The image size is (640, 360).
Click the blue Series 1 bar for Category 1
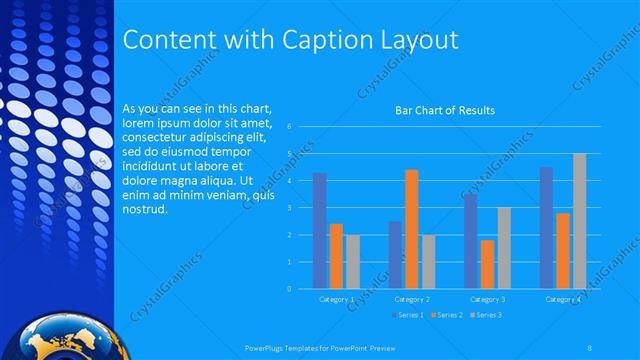click(319, 231)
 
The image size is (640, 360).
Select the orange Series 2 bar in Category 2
click(412, 229)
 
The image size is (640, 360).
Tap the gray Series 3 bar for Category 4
click(579, 221)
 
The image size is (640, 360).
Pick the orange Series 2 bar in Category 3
click(487, 264)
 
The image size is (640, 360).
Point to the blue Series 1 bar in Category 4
click(547, 228)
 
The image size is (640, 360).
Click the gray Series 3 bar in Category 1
click(352, 262)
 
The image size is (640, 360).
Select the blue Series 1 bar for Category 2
click(396, 255)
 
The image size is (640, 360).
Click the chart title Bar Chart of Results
click(445, 110)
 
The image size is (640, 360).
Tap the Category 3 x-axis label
click(487, 299)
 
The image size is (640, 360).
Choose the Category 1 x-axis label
click(336, 299)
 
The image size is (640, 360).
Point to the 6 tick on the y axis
click(289, 127)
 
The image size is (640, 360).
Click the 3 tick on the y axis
click(289, 208)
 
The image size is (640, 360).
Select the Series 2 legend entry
click(446, 315)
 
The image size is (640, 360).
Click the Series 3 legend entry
click(487, 315)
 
